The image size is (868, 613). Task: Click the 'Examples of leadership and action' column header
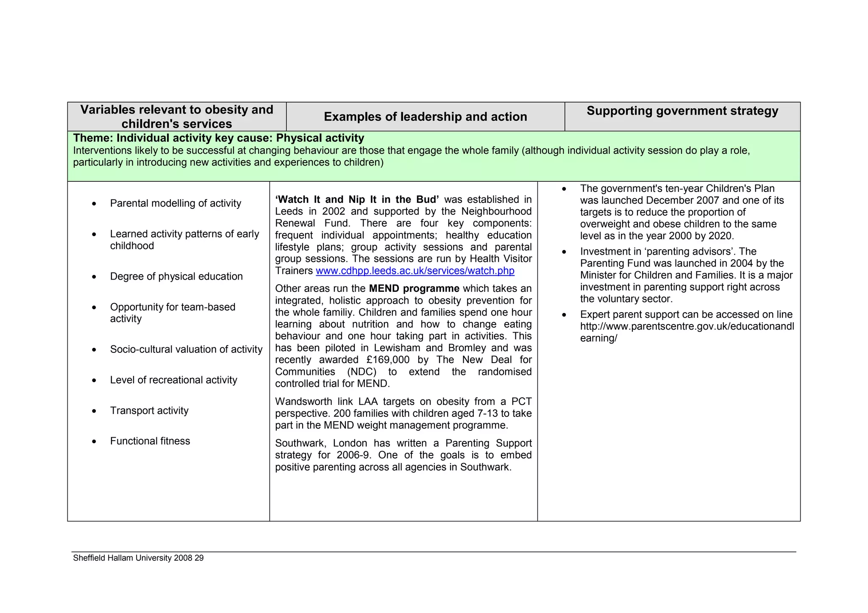coord(425,116)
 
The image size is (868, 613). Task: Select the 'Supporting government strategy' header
coord(682,111)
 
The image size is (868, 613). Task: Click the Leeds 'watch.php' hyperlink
coord(415,271)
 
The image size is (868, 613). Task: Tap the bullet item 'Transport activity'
coord(149,411)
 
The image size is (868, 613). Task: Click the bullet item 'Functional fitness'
coord(150,441)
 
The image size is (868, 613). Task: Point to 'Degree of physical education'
coord(176,276)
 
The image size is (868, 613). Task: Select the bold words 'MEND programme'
coord(414,288)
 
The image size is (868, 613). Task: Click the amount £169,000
coord(388,360)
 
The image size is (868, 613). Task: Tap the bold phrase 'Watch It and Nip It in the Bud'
coord(357,200)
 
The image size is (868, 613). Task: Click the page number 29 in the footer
coord(199,558)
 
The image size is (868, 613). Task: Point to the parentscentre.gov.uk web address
coord(687,327)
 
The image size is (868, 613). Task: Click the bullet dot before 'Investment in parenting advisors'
coord(564,252)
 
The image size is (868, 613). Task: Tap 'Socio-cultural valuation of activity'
coord(186,349)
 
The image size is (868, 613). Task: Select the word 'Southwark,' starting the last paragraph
coord(300,443)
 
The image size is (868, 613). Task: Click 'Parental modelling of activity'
coord(175,203)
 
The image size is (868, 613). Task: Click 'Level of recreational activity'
coord(173,380)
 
